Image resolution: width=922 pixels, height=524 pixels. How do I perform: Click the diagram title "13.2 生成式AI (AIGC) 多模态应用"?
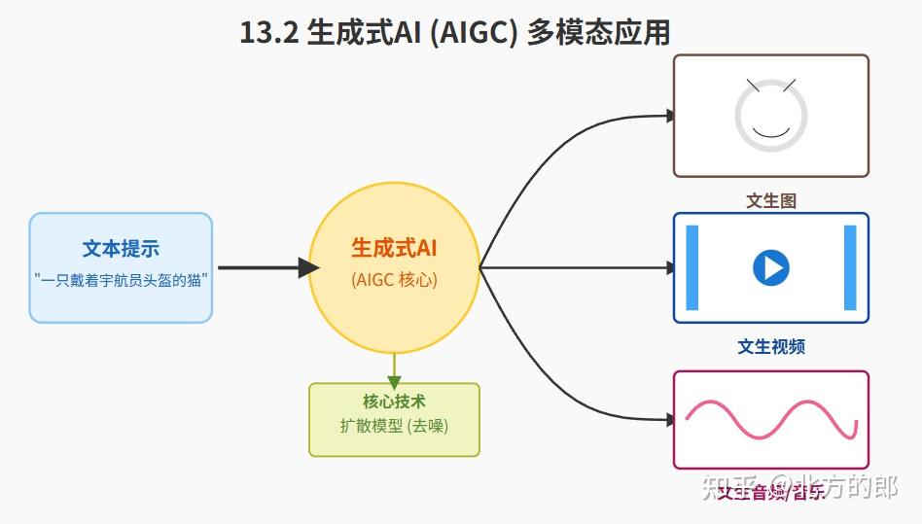[x=454, y=33]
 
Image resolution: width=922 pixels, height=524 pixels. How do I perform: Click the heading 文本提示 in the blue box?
[x=121, y=249]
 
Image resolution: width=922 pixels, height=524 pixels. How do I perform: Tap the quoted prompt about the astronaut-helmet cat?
[x=121, y=279]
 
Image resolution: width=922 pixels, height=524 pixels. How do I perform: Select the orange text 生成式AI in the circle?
[x=394, y=248]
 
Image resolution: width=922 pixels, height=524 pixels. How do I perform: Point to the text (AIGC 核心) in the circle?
[x=394, y=279]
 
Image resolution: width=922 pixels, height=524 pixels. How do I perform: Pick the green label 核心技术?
[x=394, y=401]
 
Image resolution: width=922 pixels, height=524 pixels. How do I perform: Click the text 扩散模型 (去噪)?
[x=394, y=426]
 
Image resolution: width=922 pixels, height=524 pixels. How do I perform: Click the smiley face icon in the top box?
[x=770, y=115]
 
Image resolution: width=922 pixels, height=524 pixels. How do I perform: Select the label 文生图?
[x=771, y=201]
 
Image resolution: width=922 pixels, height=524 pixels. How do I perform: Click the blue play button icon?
[x=771, y=267]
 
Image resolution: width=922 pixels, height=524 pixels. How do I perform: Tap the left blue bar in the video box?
[x=692, y=267]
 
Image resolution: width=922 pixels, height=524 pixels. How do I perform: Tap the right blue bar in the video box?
[x=850, y=267]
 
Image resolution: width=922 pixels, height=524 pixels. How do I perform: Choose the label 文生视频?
[x=771, y=347]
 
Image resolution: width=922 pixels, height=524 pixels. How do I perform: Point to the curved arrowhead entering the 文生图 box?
[x=669, y=116]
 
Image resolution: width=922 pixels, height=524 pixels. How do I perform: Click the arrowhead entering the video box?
[x=669, y=267]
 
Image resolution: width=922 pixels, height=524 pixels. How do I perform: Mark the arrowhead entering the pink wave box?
[x=669, y=420]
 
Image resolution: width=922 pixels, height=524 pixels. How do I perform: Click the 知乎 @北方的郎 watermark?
[x=799, y=487]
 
